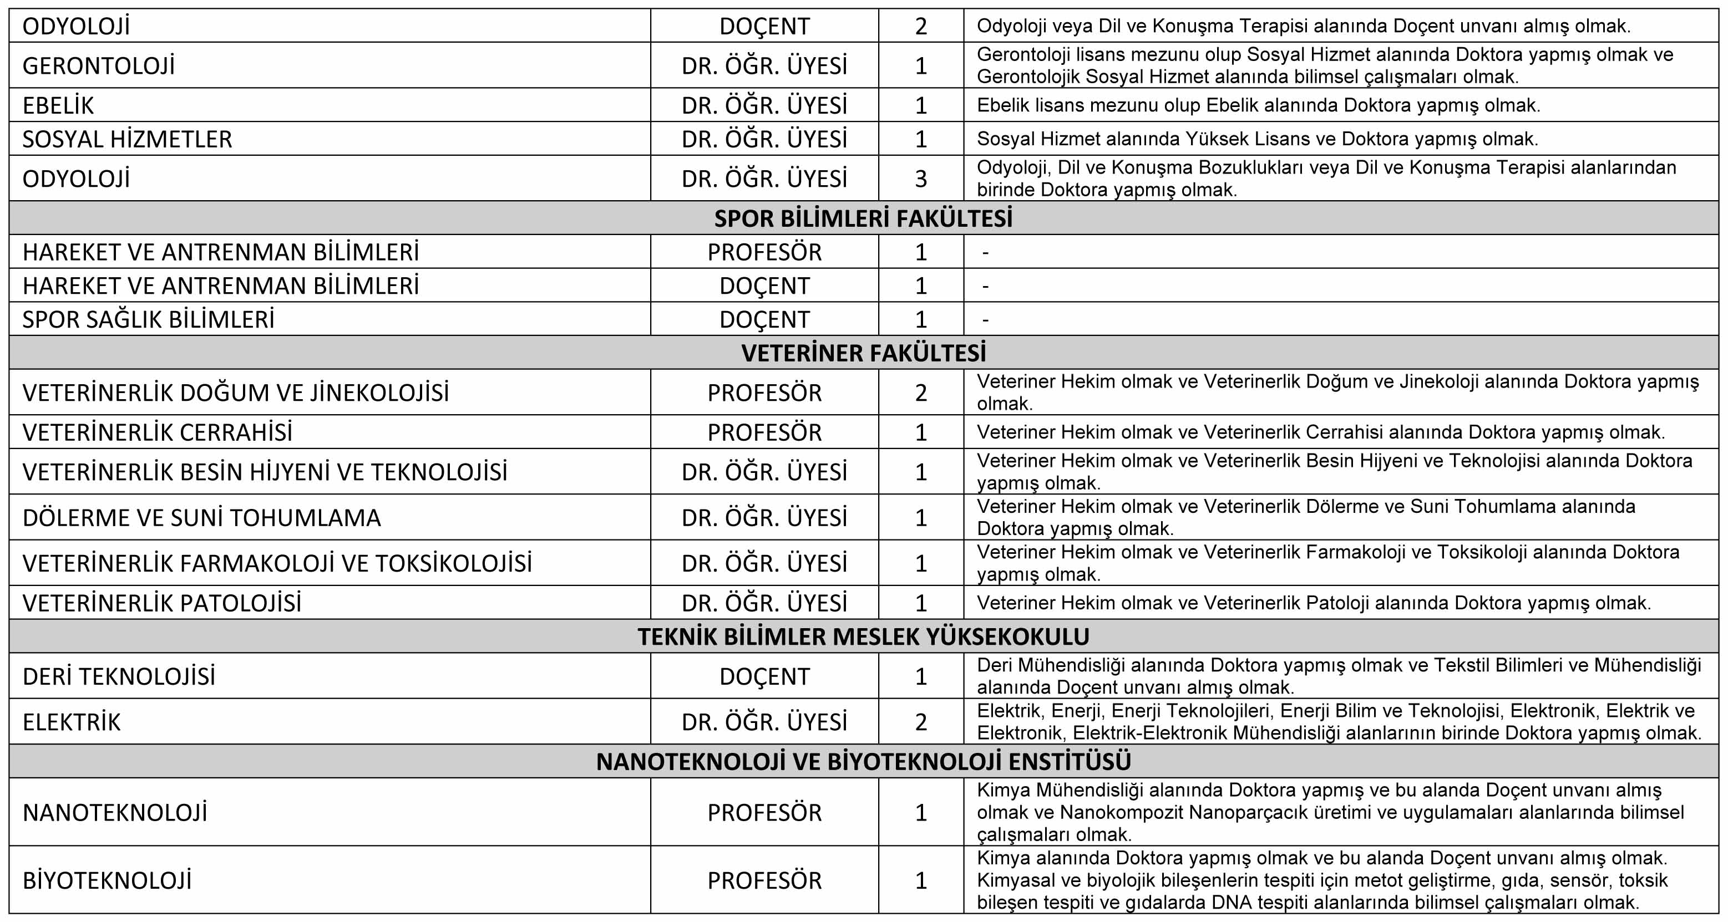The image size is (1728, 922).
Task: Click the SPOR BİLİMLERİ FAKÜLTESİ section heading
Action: (863, 218)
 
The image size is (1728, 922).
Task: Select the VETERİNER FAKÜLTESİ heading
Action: (863, 353)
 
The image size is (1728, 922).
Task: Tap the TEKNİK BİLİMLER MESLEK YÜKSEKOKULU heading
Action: (863, 636)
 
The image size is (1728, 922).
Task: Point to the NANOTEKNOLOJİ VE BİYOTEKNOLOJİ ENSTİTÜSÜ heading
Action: (863, 762)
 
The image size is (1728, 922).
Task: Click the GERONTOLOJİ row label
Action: (99, 66)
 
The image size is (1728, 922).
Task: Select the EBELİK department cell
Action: (58, 105)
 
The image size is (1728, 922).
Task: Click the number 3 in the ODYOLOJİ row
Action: (921, 179)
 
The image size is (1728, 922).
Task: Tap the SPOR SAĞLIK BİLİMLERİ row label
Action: (148, 320)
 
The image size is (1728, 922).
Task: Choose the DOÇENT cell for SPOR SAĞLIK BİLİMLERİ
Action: (765, 320)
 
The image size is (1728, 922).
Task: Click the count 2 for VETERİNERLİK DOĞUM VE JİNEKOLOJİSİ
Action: (921, 393)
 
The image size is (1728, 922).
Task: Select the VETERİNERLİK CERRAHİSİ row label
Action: (158, 432)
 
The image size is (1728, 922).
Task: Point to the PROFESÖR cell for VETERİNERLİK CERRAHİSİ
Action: (765, 432)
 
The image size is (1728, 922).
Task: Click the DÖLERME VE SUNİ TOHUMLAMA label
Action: (201, 518)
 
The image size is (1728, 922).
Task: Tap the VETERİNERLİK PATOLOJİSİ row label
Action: (161, 603)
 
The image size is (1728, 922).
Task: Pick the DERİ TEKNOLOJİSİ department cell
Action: (119, 676)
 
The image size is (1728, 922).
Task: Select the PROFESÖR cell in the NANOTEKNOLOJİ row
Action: (765, 813)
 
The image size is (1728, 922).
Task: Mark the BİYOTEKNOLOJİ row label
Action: (107, 880)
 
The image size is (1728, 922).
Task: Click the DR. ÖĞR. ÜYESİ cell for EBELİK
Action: (765, 105)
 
